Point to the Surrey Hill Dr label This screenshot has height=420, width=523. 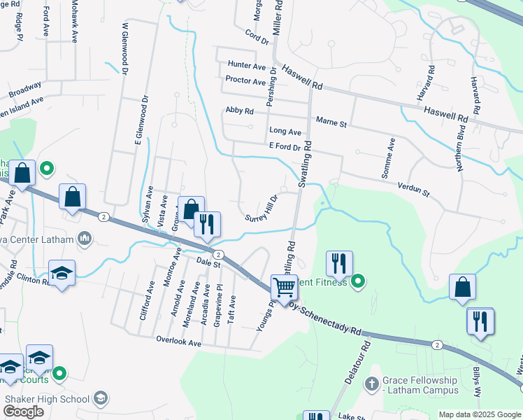coord(262,209)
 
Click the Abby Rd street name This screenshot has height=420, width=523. coord(239,111)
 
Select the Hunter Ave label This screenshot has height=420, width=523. coord(247,66)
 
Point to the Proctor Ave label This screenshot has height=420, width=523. coord(245,80)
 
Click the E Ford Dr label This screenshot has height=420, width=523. coord(284,147)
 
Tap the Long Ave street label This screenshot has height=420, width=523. coord(285,132)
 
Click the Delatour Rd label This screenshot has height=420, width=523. coord(356,362)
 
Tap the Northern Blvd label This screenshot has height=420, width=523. coord(459,153)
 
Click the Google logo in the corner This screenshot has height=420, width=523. coord(23,412)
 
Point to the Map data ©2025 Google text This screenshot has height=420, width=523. coord(480,414)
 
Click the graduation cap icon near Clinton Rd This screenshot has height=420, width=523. coord(62,274)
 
